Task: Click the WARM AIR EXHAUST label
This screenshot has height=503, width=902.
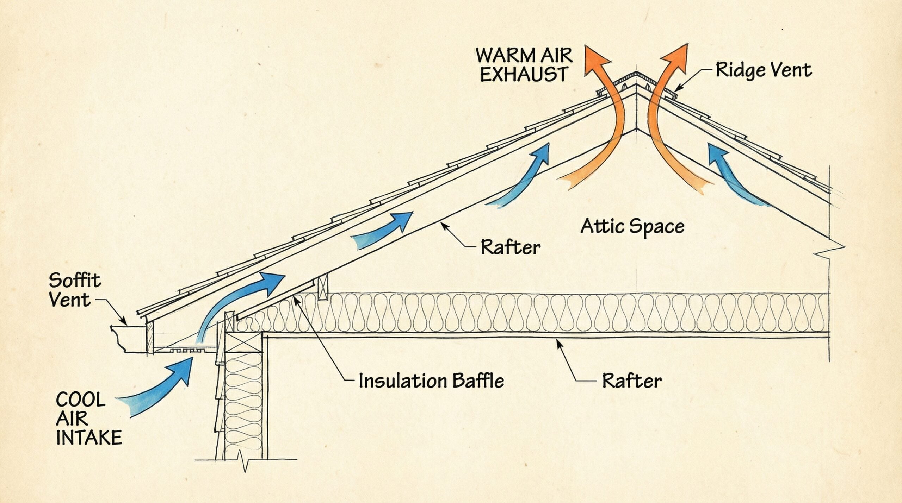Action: tap(524, 65)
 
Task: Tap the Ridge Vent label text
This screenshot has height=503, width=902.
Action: tap(764, 70)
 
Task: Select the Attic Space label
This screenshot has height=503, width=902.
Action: tap(632, 226)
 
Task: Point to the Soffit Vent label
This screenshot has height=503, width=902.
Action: tap(74, 290)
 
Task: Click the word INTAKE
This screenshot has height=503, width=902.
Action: tap(89, 438)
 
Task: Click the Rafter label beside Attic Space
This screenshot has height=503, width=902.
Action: tap(511, 247)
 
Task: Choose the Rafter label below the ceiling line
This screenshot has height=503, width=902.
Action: tap(632, 381)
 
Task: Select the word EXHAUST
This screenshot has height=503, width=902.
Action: tap(524, 75)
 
